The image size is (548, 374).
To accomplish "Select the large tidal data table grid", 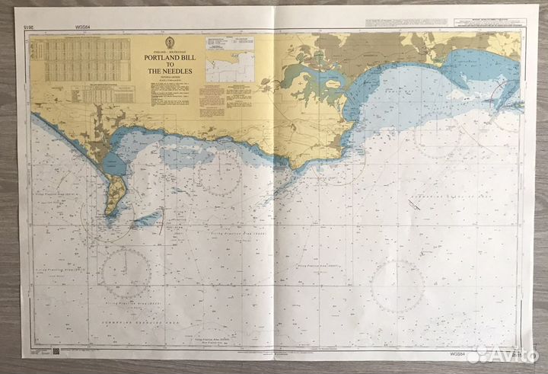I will pos(84,60).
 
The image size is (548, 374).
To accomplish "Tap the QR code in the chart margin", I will pos(56,351).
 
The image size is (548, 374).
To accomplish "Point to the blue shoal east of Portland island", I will pos(147,220).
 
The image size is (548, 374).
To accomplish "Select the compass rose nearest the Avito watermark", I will pos(398,283).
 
